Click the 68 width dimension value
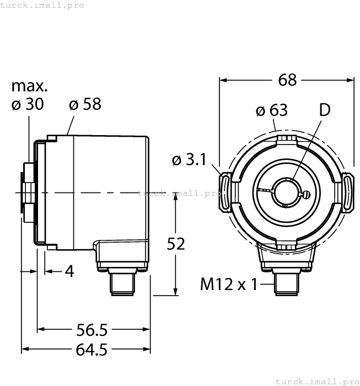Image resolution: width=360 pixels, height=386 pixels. click(x=287, y=80)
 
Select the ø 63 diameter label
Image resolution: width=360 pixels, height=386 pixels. click(x=272, y=110)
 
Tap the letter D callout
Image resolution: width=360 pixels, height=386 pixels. click(x=325, y=110)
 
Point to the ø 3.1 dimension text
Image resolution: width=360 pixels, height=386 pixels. click(x=189, y=160)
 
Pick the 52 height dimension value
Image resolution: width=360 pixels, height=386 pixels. click(x=176, y=244)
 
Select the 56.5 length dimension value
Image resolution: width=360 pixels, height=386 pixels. click(x=92, y=330)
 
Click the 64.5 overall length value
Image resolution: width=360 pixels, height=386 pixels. click(x=92, y=350)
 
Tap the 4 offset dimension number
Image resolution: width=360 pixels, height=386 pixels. click(x=69, y=271)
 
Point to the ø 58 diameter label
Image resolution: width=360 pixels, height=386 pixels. click(x=85, y=104)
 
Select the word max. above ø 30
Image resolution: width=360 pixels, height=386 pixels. click(x=30, y=87)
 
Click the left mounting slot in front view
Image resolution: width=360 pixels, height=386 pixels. click(x=226, y=192)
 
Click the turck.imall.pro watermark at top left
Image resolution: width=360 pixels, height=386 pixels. click(x=42, y=5)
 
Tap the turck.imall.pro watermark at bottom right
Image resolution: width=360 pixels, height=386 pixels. click(x=316, y=381)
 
